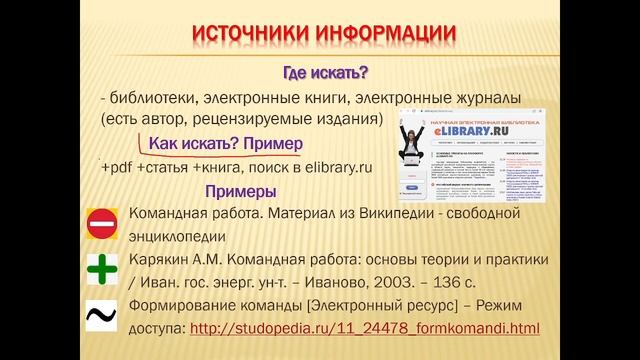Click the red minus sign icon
pos(102,225)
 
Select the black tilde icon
pos(102,316)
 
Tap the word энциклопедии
pos(177,236)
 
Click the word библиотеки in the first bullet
pos(152,97)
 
